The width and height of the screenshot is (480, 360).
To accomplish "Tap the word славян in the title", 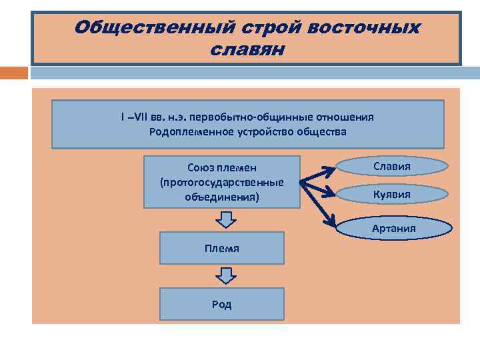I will click(247, 49).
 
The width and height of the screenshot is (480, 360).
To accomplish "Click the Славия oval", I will click(392, 167).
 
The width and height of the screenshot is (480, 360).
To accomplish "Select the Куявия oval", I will click(392, 195).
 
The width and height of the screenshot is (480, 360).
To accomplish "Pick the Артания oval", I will click(394, 229).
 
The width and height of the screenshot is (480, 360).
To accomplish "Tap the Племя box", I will click(222, 249).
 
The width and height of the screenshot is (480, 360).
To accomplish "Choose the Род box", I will click(222, 304).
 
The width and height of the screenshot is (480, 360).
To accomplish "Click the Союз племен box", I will click(222, 182).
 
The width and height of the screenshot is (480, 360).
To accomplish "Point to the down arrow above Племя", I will click(227, 219).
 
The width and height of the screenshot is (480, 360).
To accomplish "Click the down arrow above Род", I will click(227, 275).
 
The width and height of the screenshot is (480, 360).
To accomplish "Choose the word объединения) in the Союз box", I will click(222, 197).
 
